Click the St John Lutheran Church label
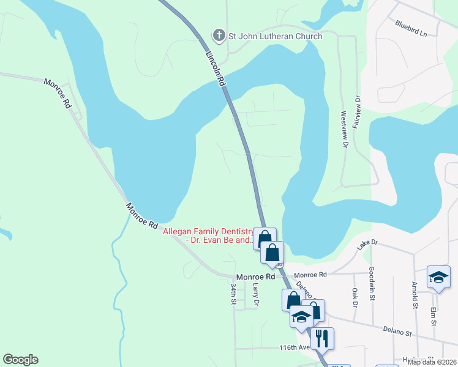275,37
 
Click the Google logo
20,360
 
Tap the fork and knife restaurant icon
321,337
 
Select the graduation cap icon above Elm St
438,276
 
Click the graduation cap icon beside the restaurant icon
301,317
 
